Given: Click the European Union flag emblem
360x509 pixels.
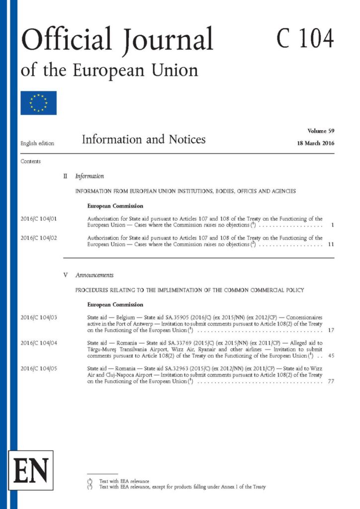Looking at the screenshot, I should pos(38,103).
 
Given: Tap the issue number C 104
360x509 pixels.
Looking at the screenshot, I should pos(305,38).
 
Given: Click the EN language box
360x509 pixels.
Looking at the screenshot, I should pos(30,470).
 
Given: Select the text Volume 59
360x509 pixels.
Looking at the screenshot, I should pos(321,131).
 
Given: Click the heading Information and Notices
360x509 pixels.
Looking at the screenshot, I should pos(144,140).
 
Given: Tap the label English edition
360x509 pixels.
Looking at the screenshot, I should pos(37,144).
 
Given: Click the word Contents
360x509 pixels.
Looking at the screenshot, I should pos(31,162).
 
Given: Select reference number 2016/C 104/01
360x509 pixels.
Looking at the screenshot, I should pos(39,219).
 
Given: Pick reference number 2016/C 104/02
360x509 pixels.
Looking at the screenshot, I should pos(39,238).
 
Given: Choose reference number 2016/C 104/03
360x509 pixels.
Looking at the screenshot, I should pos(39,317).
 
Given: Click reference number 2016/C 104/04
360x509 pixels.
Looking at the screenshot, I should pos(39,343).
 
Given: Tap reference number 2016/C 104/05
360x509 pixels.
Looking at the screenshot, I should pos(39,369).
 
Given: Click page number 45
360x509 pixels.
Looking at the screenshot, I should pos(331,356).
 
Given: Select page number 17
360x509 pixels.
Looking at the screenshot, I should pos(331,330).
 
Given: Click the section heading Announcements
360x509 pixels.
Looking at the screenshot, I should pos(94,275).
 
